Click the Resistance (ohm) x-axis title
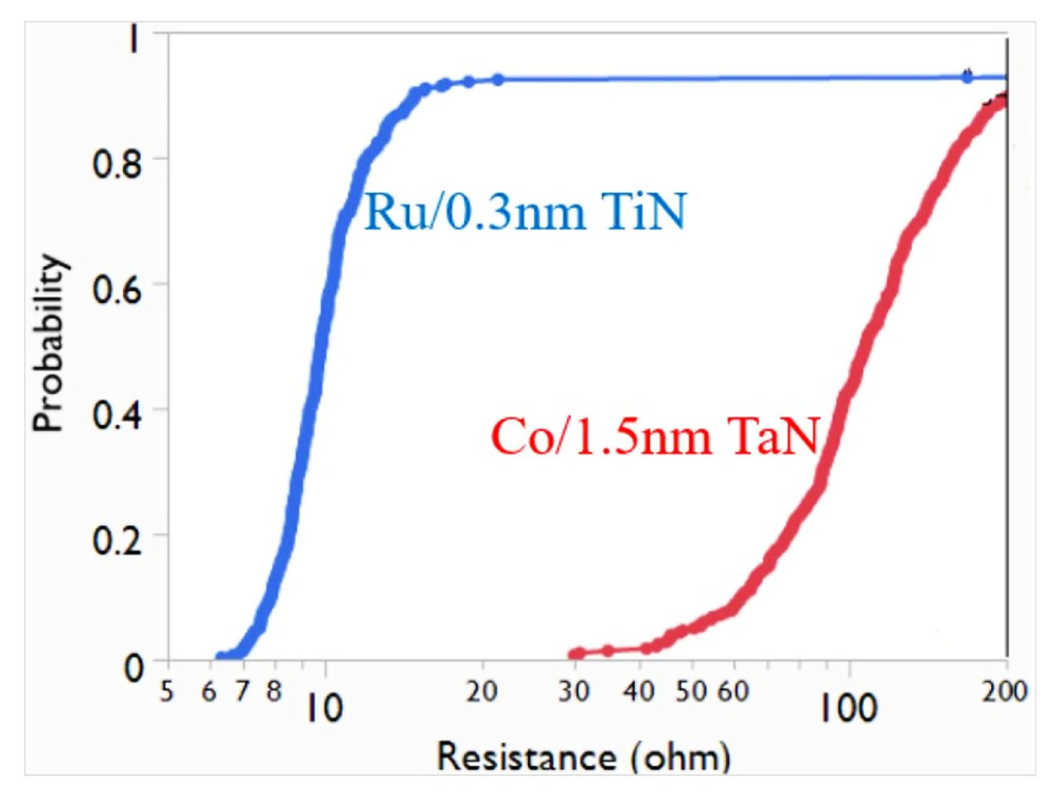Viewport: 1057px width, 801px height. [x=583, y=756]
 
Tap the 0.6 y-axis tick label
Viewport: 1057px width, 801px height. [x=117, y=289]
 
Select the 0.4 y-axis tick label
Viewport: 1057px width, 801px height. [x=117, y=415]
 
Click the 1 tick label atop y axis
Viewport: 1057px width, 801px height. [x=133, y=40]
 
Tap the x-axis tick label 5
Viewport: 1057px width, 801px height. [x=168, y=691]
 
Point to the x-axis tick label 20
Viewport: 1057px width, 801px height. [x=481, y=691]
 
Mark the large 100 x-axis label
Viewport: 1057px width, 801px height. [x=848, y=708]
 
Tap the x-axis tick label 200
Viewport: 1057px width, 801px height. [x=1004, y=691]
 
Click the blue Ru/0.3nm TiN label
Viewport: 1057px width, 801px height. [x=525, y=211]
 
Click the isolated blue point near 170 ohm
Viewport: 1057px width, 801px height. [x=967, y=77]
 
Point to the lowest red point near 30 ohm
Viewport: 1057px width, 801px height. [x=576, y=654]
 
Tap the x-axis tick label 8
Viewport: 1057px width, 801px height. [x=274, y=691]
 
